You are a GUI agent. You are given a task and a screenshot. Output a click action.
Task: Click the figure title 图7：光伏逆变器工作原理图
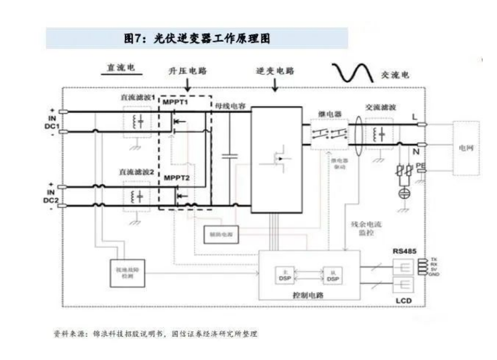[197, 38]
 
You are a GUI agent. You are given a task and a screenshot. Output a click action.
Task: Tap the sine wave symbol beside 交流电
[353, 72]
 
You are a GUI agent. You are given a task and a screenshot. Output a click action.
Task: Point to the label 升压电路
[188, 71]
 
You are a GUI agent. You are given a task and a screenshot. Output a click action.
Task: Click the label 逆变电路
[275, 71]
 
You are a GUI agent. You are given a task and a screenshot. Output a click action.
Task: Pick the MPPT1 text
[176, 103]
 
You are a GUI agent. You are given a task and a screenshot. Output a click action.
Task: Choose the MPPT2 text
[177, 179]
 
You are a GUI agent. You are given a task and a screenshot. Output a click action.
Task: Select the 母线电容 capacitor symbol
[229, 156]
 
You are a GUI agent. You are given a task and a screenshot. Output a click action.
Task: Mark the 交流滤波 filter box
[379, 134]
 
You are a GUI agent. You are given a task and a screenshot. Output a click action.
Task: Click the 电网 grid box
[466, 146]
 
